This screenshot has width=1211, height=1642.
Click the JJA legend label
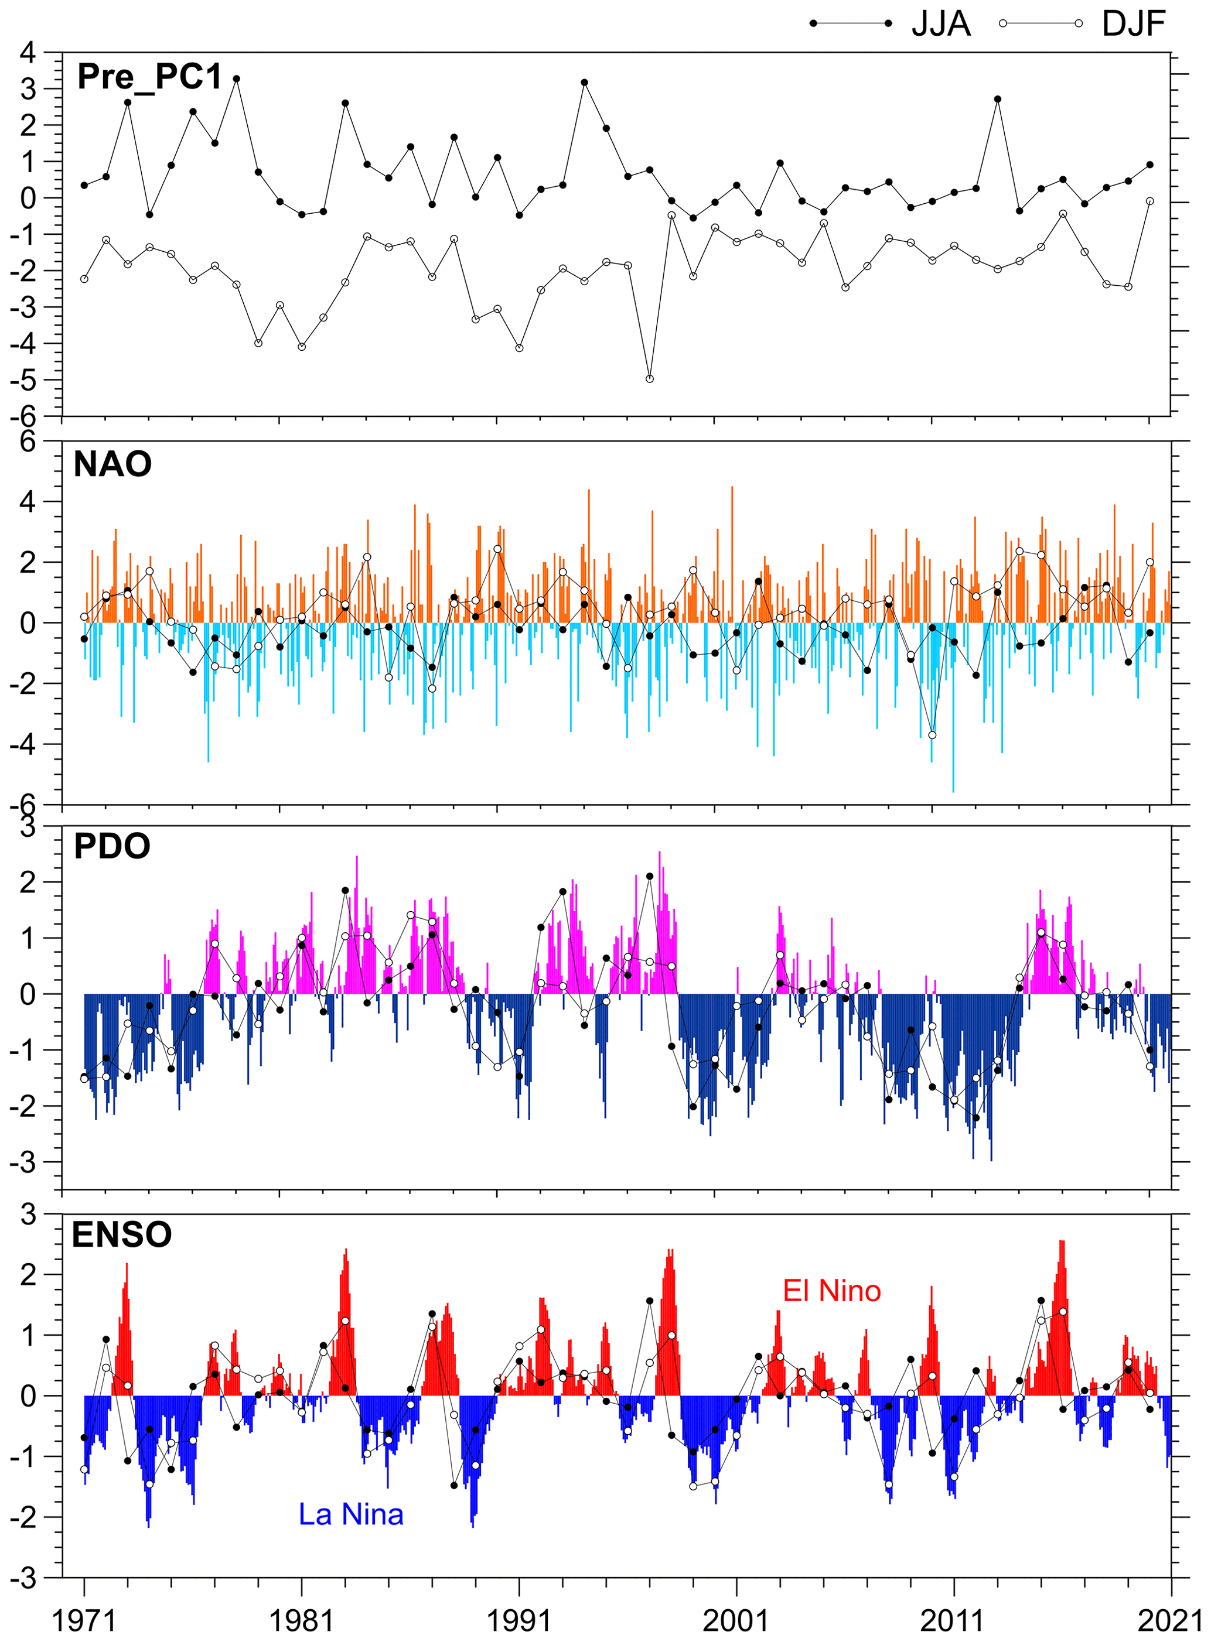[940, 24]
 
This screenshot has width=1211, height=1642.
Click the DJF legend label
[1133, 24]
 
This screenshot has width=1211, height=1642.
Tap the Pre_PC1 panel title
[149, 77]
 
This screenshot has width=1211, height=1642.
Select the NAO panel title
[113, 464]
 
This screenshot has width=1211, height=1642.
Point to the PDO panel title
[112, 846]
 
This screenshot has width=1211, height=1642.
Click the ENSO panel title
[122, 1234]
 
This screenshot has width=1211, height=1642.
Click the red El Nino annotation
[831, 1290]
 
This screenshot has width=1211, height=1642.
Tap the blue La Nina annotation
[350, 1514]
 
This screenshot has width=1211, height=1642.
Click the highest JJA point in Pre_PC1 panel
[237, 78]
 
